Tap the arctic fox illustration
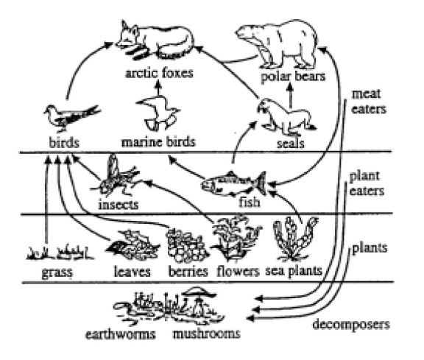coord(155,40)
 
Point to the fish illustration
coord(233,183)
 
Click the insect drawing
coord(116,177)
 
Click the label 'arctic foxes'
coord(159,73)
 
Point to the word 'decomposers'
coord(351,325)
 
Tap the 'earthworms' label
coord(121,334)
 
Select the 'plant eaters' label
coord(367,183)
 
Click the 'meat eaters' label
coord(368,102)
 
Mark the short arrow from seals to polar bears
coord(290,95)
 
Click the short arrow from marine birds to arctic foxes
coord(158,87)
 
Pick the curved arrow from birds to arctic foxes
coord(80,63)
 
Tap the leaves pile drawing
coord(132,245)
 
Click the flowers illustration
coord(236,238)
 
